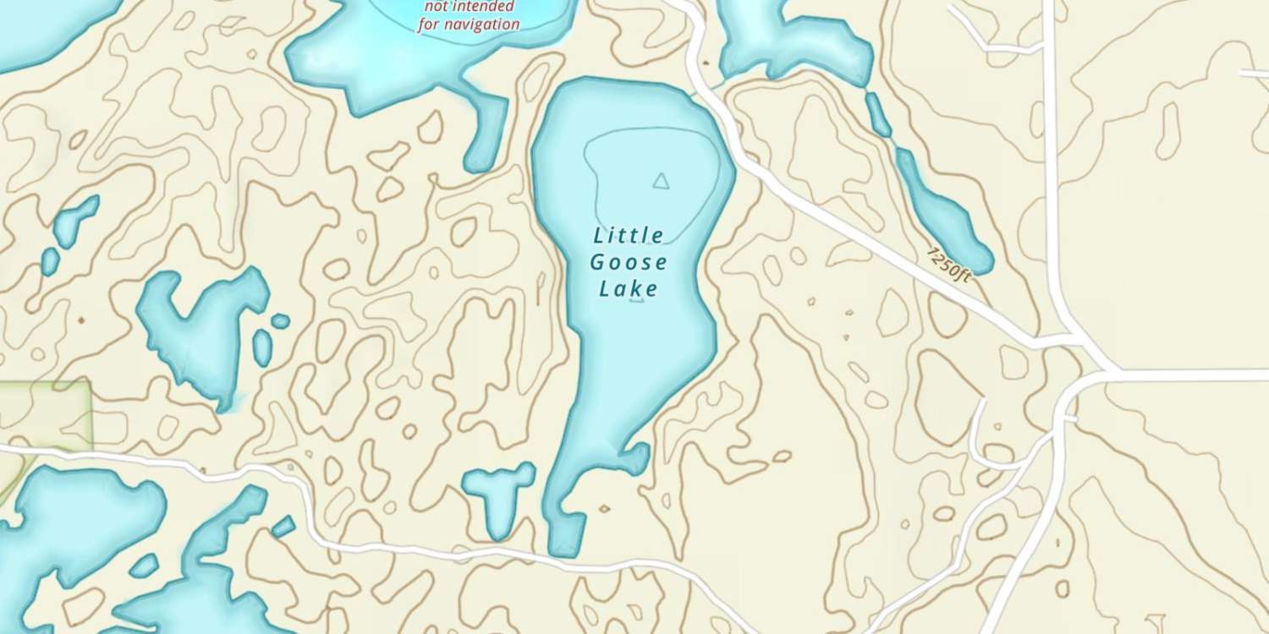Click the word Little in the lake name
(x=629, y=234)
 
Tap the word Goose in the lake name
(x=629, y=261)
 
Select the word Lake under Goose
(x=629, y=289)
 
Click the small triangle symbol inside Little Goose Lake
(x=661, y=179)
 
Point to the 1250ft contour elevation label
(x=949, y=265)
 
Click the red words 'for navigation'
(x=469, y=24)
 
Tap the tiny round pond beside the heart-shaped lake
(x=280, y=321)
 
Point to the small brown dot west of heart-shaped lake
(x=81, y=321)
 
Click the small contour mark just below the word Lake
(x=637, y=300)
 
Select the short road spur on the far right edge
(x=1255, y=74)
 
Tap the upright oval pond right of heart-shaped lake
(x=263, y=347)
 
